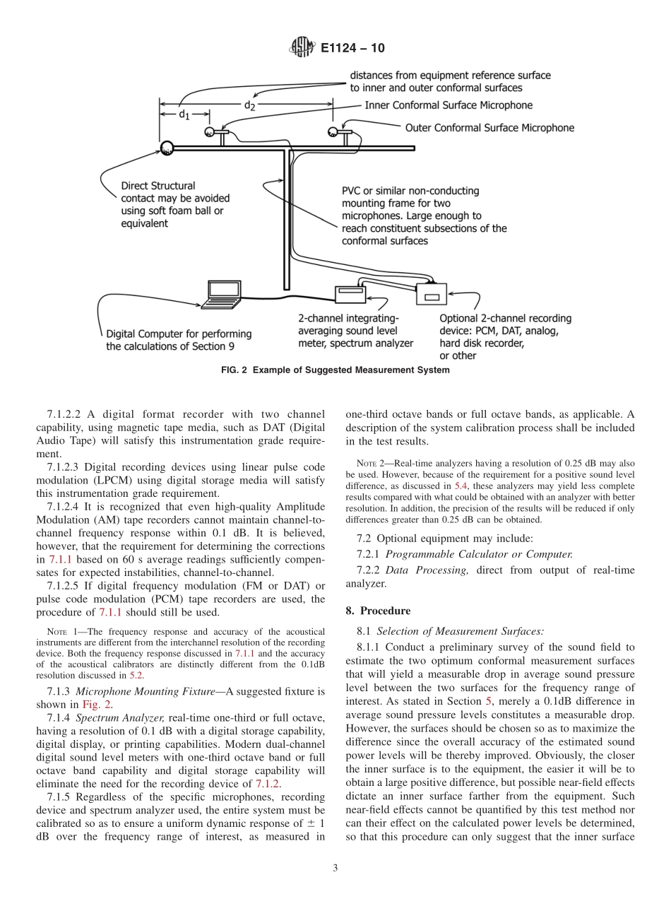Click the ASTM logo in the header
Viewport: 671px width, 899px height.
coord(301,49)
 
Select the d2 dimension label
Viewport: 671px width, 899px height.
coord(250,105)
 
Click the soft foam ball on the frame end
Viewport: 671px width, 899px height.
coord(167,148)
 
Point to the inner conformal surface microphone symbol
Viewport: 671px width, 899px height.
coord(210,131)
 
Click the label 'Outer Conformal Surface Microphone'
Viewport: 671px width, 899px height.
coord(489,128)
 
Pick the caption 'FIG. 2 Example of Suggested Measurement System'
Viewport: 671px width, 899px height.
coord(335,370)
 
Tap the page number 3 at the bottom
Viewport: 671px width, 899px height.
coord(335,868)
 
